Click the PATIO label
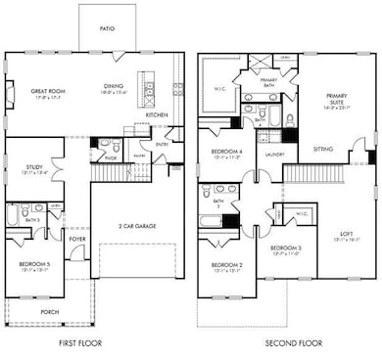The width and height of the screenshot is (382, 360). [x=106, y=29]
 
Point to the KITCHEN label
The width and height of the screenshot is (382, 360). [x=158, y=114]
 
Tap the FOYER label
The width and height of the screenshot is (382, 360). [x=77, y=238]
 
